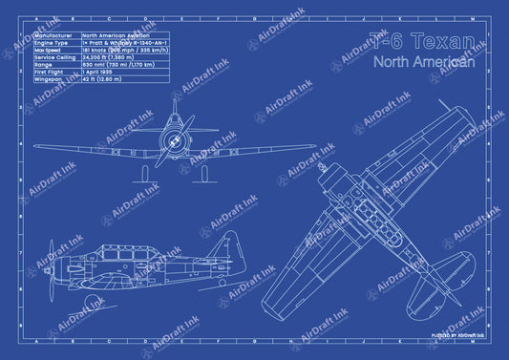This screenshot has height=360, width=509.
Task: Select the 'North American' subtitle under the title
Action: (x=424, y=61)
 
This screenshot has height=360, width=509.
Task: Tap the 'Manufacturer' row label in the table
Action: (x=54, y=35)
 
